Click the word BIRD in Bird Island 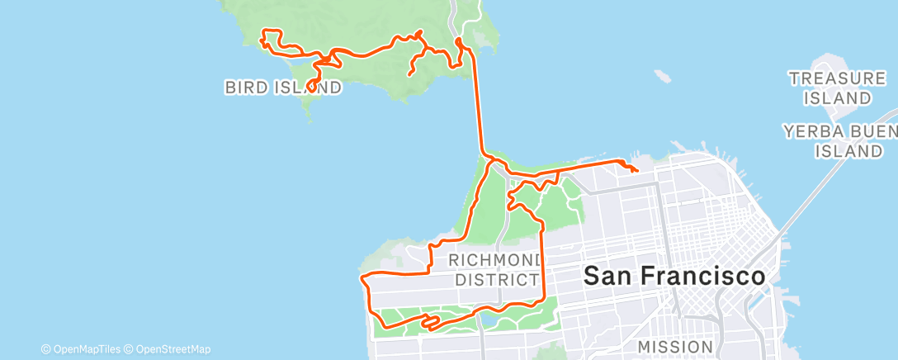coord(245,87)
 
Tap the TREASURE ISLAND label coord(837,88)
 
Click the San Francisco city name coord(673,277)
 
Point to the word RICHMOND coord(493,262)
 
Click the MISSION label coord(676,347)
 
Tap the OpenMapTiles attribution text coord(87,349)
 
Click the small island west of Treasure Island coord(661,76)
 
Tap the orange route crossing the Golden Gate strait coord(478,107)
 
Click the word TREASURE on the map coord(837,78)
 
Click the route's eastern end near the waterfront coord(636,170)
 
